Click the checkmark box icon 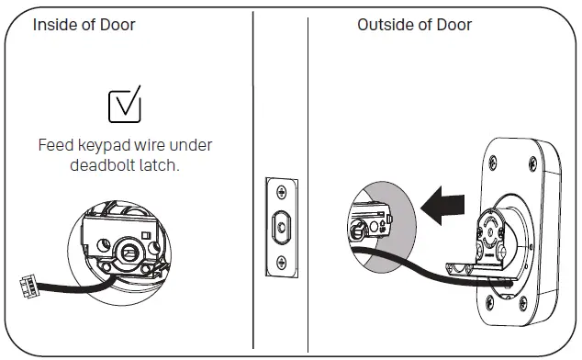tap(125, 106)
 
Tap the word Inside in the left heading tap(56, 25)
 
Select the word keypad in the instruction tap(106, 146)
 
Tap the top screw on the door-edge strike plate tap(281, 191)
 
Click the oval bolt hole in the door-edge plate tap(281, 224)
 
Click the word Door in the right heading tap(454, 25)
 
